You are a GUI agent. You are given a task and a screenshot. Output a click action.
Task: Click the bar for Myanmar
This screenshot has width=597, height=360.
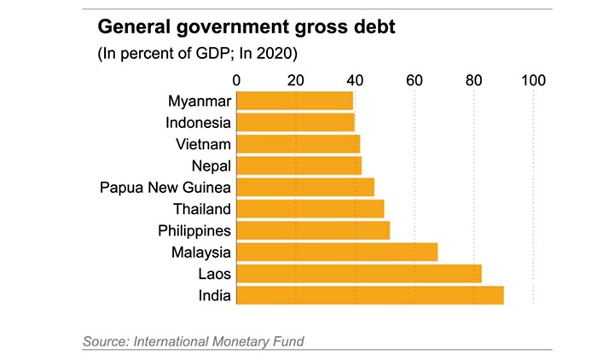click(x=294, y=101)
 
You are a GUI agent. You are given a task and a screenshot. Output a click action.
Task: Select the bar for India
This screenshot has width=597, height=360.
click(x=369, y=295)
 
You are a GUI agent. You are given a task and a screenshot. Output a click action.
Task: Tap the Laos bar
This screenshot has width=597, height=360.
click(x=358, y=274)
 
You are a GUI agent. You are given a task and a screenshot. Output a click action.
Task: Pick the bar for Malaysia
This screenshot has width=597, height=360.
click(x=336, y=252)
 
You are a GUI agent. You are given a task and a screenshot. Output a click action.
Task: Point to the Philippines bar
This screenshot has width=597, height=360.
click(x=312, y=230)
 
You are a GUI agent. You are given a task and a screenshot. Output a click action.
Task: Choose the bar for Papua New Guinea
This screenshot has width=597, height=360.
click(x=304, y=187)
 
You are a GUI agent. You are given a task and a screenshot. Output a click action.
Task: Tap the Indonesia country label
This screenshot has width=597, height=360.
click(x=198, y=122)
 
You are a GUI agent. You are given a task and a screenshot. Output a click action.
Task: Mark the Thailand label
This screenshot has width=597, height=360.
click(x=201, y=209)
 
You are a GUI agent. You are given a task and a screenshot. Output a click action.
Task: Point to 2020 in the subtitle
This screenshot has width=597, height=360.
click(x=277, y=54)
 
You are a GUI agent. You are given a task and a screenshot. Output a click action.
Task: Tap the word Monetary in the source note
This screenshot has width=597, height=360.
click(x=241, y=342)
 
